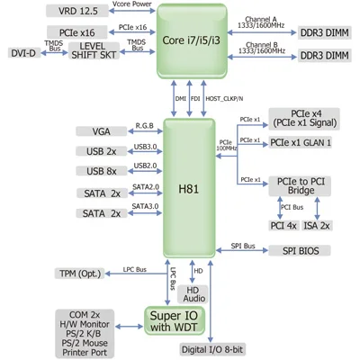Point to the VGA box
tap(102, 131)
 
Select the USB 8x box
tap(102, 171)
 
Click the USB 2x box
tap(102, 151)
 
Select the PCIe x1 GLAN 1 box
tap(301, 142)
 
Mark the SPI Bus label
tap(244, 245)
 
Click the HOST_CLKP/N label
tap(224, 99)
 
